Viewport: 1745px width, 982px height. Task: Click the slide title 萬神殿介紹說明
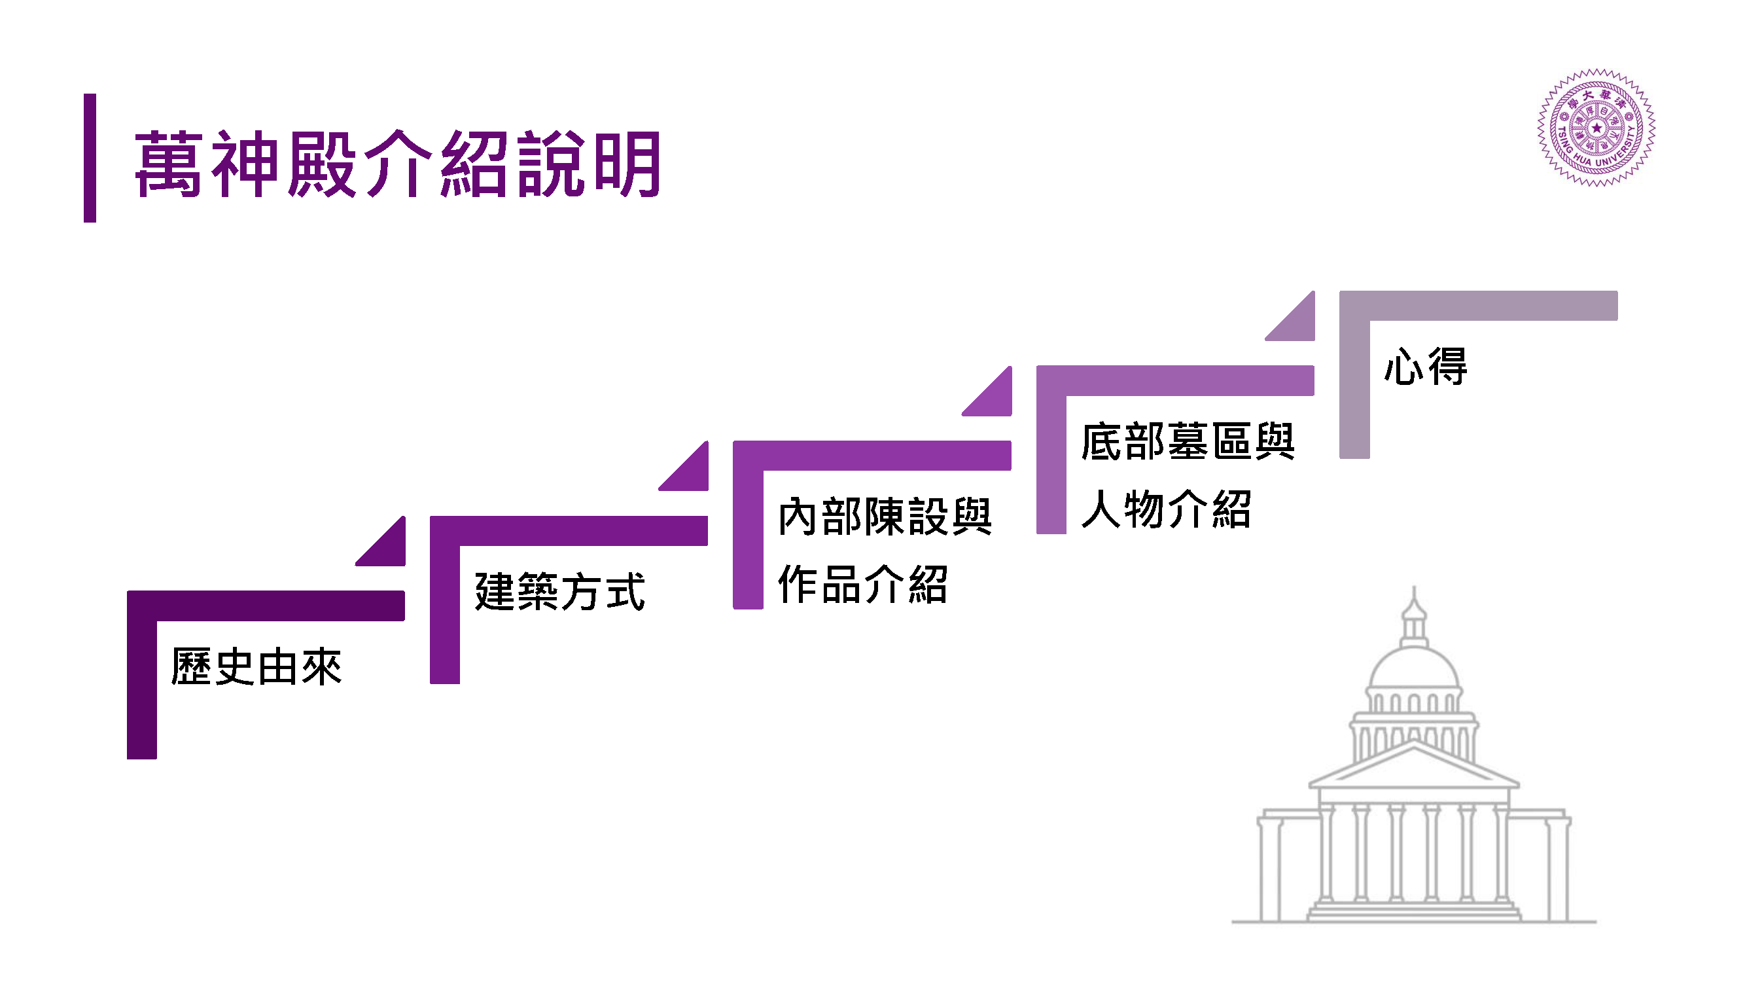pos(398,164)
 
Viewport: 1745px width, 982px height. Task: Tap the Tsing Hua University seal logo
pos(1596,128)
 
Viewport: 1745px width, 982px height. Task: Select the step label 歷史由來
pos(256,667)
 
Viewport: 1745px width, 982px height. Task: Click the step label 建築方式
pos(559,592)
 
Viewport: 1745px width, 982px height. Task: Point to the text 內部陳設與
pos(885,517)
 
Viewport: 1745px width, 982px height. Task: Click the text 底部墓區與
pos(1188,441)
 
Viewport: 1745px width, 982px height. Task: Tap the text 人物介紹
pos(1166,509)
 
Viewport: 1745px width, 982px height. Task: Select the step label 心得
pos(1425,367)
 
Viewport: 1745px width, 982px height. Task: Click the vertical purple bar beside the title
pos(90,158)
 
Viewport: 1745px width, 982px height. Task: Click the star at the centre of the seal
pos(1596,128)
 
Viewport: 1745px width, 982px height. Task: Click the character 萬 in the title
pos(169,164)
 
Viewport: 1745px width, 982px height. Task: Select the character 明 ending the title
pos(627,164)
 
